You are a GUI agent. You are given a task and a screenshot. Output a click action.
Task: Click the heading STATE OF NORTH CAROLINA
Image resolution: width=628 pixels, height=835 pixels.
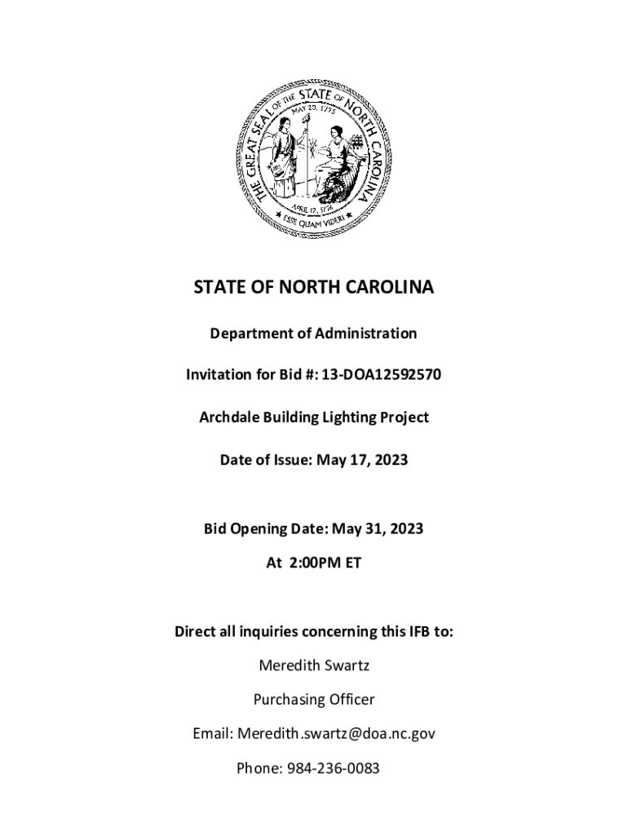coord(314,288)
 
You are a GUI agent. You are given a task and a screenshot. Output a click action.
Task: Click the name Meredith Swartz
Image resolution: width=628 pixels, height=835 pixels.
coord(314,665)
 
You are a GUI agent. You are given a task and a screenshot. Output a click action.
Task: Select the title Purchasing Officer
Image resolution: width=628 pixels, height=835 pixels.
coord(314,700)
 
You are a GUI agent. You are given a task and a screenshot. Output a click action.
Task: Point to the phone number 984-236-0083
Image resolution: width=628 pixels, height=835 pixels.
coord(334,768)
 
